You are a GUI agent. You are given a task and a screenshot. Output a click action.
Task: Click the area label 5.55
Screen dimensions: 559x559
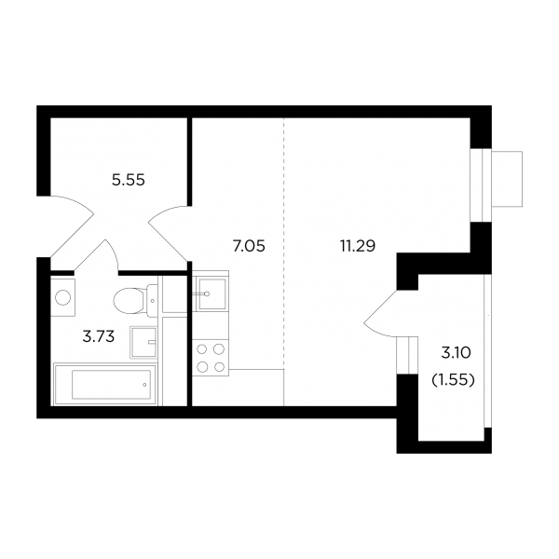coord(129,180)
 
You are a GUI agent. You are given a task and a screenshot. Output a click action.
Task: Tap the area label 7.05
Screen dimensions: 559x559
coord(249,246)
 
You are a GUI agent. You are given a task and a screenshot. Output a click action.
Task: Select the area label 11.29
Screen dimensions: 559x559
coord(358,246)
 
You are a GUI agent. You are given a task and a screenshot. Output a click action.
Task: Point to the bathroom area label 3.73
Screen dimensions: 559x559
coord(99,336)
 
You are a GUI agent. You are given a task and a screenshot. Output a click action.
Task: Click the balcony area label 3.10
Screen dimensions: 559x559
coord(456,353)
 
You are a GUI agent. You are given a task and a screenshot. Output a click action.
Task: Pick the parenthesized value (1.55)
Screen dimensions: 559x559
coord(454,380)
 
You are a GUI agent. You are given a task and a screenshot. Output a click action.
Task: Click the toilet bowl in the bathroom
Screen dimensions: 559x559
coord(130,301)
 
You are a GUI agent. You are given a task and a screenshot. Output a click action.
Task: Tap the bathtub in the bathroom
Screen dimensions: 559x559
coord(104,384)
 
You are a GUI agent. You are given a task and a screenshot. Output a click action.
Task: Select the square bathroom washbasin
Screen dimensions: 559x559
coord(143,342)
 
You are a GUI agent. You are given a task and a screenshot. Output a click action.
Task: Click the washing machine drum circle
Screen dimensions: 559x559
coord(62,297)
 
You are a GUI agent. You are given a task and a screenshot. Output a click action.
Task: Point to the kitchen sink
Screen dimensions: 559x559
coord(211,293)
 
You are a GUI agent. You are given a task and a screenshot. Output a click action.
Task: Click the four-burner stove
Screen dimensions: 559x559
coord(211,358)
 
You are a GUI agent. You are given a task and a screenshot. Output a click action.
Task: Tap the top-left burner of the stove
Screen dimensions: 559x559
coord(202,349)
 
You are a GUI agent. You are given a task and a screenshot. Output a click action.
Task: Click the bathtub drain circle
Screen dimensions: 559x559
coord(144,385)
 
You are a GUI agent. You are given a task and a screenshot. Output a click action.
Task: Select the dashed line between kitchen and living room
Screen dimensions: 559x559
coord(284,243)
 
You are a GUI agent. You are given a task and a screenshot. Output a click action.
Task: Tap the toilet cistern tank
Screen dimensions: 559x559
coord(152,301)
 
